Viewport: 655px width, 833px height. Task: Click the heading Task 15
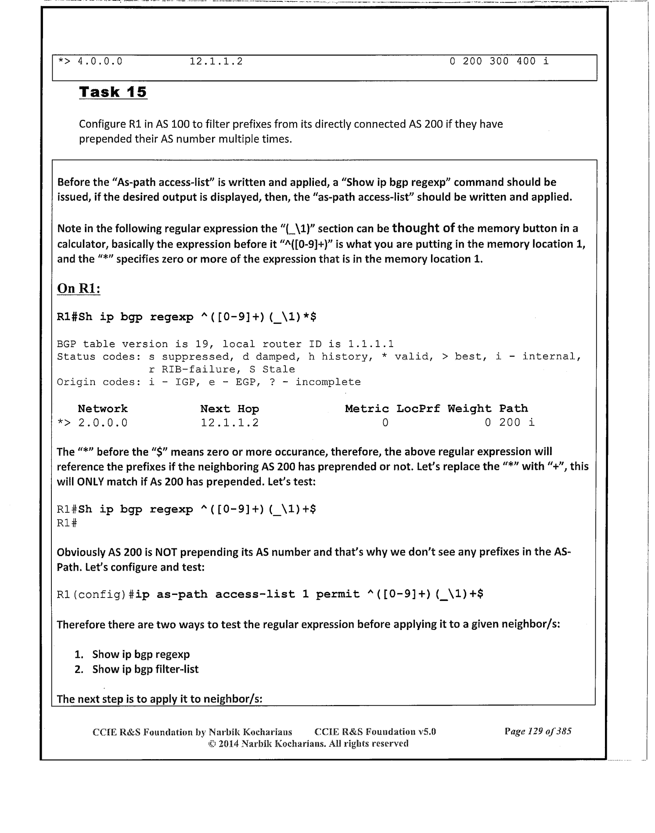click(x=113, y=92)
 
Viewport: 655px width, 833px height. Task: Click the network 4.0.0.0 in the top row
click(x=100, y=62)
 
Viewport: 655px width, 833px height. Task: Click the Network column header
click(x=103, y=409)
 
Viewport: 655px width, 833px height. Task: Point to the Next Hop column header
click(x=230, y=409)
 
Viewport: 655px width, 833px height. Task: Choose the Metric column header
click(x=367, y=409)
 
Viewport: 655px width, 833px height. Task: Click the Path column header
click(x=513, y=409)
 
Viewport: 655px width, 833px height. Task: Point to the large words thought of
click(x=423, y=228)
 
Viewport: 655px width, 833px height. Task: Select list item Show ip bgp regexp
click(x=141, y=654)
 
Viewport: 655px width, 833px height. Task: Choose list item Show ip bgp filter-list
click(x=145, y=669)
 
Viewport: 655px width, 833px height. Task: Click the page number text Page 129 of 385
click(x=538, y=732)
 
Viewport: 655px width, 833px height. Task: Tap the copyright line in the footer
click(x=308, y=743)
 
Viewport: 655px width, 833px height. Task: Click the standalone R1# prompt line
click(x=67, y=523)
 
